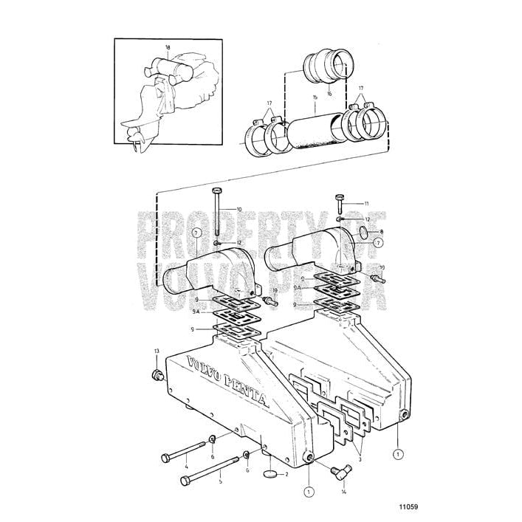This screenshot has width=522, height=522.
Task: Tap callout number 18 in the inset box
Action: (x=168, y=48)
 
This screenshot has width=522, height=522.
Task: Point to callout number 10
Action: (x=238, y=210)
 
